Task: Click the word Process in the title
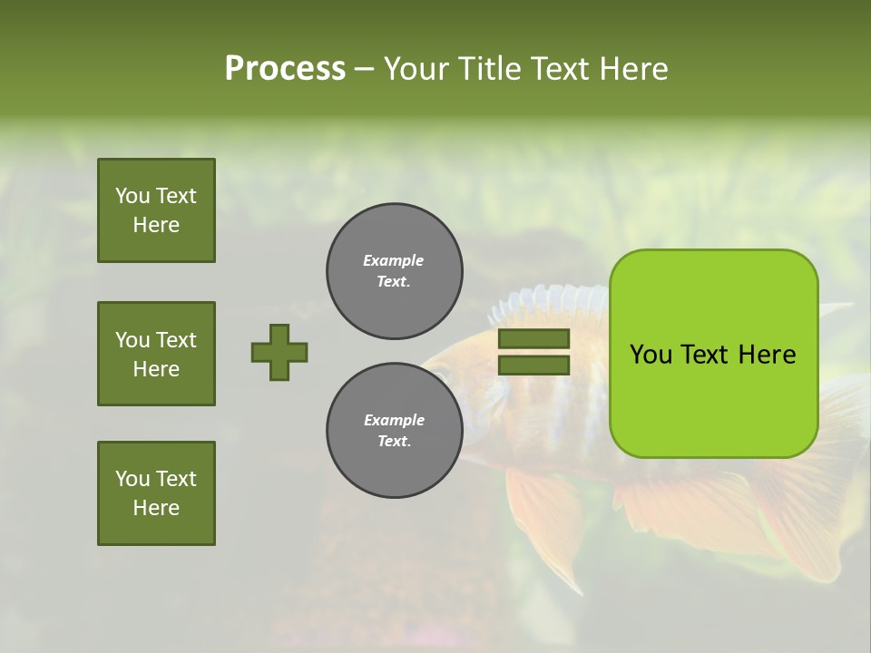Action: tap(285, 69)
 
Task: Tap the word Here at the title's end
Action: tap(631, 69)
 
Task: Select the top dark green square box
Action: tap(156, 210)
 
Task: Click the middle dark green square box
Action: tap(156, 354)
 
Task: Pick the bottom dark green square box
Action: tap(156, 493)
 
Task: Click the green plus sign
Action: tap(279, 352)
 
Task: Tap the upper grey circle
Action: tap(394, 271)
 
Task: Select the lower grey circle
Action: tap(394, 431)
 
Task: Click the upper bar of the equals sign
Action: tap(533, 338)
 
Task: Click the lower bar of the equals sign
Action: tap(533, 365)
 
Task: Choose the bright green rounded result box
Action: tap(713, 354)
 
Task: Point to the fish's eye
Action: tap(440, 373)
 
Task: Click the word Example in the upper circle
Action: tap(393, 260)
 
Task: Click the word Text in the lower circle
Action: tap(393, 441)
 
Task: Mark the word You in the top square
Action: tap(132, 196)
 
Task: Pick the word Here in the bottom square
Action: tap(156, 508)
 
